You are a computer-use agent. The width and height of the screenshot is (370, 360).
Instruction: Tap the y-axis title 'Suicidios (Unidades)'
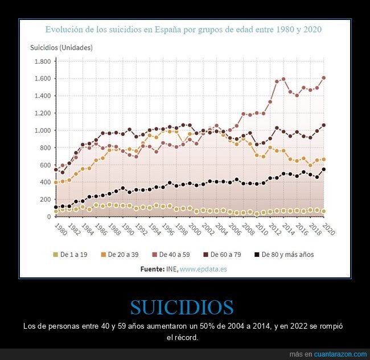(x=61, y=47)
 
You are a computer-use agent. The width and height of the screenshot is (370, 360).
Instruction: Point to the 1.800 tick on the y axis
(x=43, y=61)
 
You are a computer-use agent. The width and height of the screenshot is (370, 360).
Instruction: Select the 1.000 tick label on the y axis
(x=43, y=130)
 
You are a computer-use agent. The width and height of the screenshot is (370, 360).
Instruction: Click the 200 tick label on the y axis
(x=45, y=199)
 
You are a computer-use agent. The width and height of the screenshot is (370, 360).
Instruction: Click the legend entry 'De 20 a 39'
(x=122, y=255)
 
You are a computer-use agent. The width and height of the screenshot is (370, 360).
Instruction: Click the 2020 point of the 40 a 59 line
(x=323, y=77)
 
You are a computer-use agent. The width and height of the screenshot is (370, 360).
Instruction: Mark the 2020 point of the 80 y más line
(x=323, y=169)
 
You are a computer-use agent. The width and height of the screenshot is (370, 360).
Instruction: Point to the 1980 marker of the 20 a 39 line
(x=56, y=182)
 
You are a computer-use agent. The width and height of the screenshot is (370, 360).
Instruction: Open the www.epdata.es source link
(x=203, y=269)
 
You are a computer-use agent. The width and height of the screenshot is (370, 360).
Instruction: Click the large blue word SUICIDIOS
(x=182, y=308)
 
